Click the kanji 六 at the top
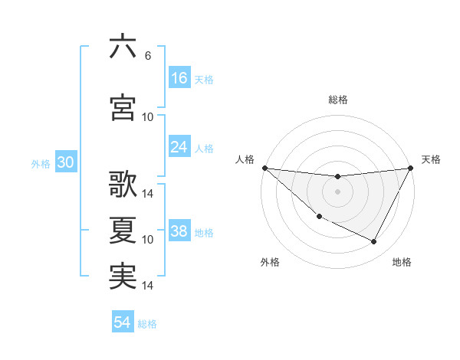(123, 47)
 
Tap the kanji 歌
(123, 185)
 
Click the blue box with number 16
(179, 78)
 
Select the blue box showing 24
(179, 147)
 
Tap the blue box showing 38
(179, 232)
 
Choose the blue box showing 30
(66, 163)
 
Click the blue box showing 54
(123, 322)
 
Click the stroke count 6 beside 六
(147, 56)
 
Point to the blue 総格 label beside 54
(148, 324)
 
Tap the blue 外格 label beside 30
(41, 164)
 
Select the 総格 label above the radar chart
(337, 100)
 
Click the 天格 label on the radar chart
(431, 159)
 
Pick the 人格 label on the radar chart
(245, 159)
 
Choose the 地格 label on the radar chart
(402, 262)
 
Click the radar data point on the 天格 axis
(411, 168)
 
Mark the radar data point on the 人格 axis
(264, 168)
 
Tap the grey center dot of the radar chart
(337, 191)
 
